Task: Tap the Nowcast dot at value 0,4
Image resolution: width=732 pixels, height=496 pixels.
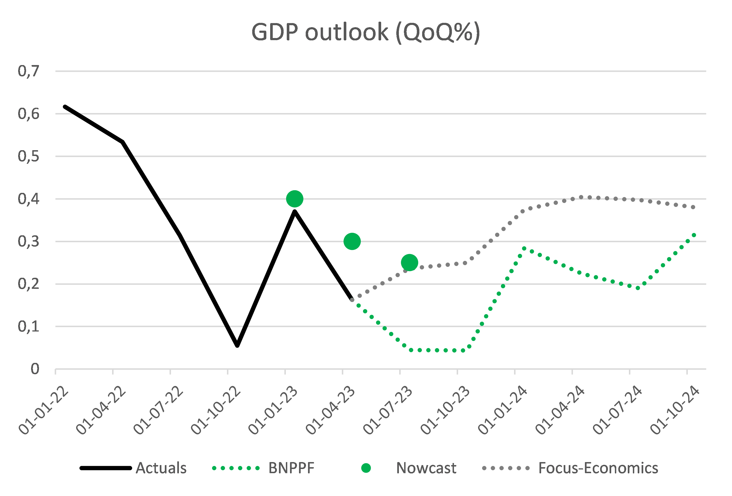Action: (294, 199)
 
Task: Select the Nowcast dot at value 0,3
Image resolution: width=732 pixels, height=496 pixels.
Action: (352, 241)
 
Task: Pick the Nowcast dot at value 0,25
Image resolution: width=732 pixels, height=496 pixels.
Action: (409, 263)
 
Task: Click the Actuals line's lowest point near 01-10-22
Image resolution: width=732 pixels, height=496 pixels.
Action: (237, 345)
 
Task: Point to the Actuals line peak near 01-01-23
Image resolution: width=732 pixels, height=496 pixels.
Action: (294, 212)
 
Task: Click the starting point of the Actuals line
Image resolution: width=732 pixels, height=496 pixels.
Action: (65, 107)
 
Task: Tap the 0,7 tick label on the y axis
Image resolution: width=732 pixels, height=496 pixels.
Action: (29, 71)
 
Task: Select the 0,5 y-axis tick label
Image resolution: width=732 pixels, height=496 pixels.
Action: (29, 156)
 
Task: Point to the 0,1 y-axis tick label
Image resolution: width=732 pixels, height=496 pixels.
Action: (29, 326)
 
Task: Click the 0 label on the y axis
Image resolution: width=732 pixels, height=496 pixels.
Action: (35, 369)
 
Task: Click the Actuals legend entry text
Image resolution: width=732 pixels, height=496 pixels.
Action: (161, 468)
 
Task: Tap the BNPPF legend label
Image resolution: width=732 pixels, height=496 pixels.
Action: (291, 468)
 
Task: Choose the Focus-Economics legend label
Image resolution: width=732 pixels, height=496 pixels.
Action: (598, 468)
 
